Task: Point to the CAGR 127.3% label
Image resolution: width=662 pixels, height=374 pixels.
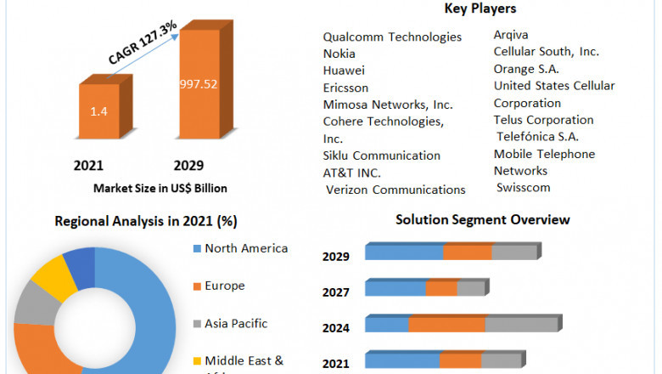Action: click(143, 43)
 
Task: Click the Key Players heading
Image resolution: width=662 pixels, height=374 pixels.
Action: click(480, 9)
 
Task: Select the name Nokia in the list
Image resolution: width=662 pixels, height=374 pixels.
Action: click(339, 54)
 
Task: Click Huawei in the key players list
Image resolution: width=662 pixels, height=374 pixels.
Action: click(344, 71)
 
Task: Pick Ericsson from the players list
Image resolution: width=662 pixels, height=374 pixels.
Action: click(345, 88)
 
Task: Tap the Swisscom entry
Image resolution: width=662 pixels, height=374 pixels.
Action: click(524, 187)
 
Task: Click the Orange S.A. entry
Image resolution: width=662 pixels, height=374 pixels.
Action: click(526, 69)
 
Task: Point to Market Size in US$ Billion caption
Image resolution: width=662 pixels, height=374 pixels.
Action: click(161, 188)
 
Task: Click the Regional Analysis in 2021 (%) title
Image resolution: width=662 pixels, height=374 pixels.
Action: click(146, 221)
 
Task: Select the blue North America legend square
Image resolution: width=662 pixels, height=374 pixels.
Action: click(197, 249)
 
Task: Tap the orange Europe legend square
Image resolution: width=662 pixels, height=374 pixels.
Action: click(197, 286)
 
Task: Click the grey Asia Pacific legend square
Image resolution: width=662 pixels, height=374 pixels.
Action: click(197, 324)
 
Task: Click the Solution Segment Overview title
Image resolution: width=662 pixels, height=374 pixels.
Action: click(483, 220)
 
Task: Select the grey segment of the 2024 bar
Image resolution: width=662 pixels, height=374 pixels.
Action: click(521, 324)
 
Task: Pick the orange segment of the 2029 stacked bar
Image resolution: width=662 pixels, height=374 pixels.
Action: click(467, 252)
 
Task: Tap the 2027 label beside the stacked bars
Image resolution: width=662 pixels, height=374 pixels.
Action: click(336, 292)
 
